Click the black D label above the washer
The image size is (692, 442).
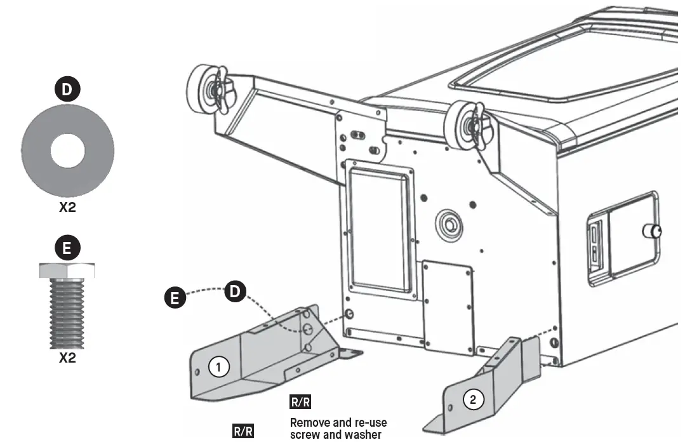(67, 90)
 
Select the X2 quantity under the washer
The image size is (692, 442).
(67, 208)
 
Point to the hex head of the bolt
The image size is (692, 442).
(67, 271)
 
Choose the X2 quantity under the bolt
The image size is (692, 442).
(67, 358)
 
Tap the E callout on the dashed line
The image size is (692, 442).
(175, 297)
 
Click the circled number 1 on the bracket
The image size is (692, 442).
(219, 367)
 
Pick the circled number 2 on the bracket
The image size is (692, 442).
(472, 399)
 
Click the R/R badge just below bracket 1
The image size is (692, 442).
(300, 403)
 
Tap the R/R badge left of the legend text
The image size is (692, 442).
(243, 431)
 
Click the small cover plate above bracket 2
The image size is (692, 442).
(448, 305)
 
